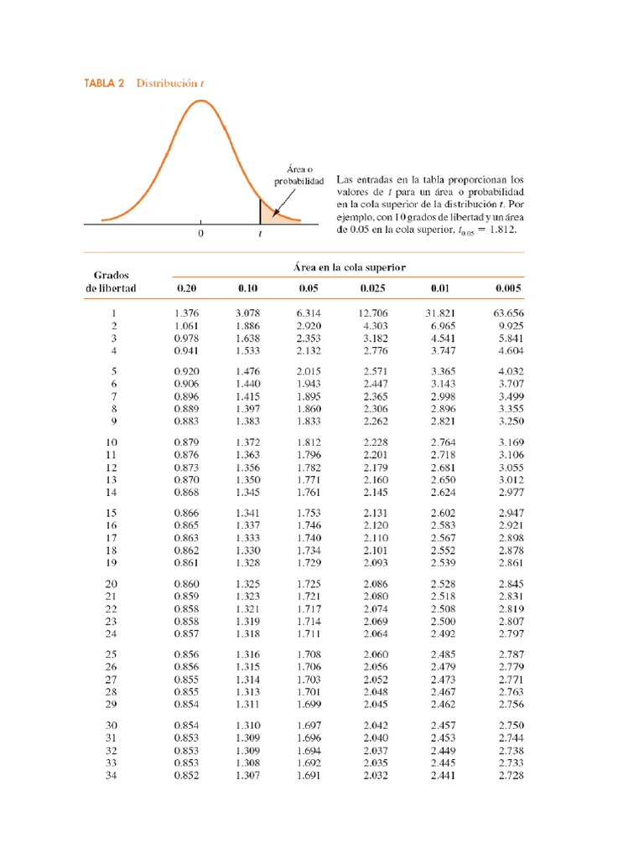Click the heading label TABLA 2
(x=104, y=83)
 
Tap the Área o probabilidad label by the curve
(x=299, y=175)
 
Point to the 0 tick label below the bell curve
(x=200, y=235)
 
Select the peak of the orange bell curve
(x=200, y=101)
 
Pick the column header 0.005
(x=508, y=288)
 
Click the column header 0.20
(x=185, y=288)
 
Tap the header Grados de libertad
(x=111, y=282)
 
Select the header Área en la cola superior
(x=349, y=266)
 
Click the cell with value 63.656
(x=508, y=313)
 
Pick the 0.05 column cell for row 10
(x=309, y=442)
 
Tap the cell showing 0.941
(x=185, y=350)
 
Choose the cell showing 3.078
(x=247, y=313)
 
